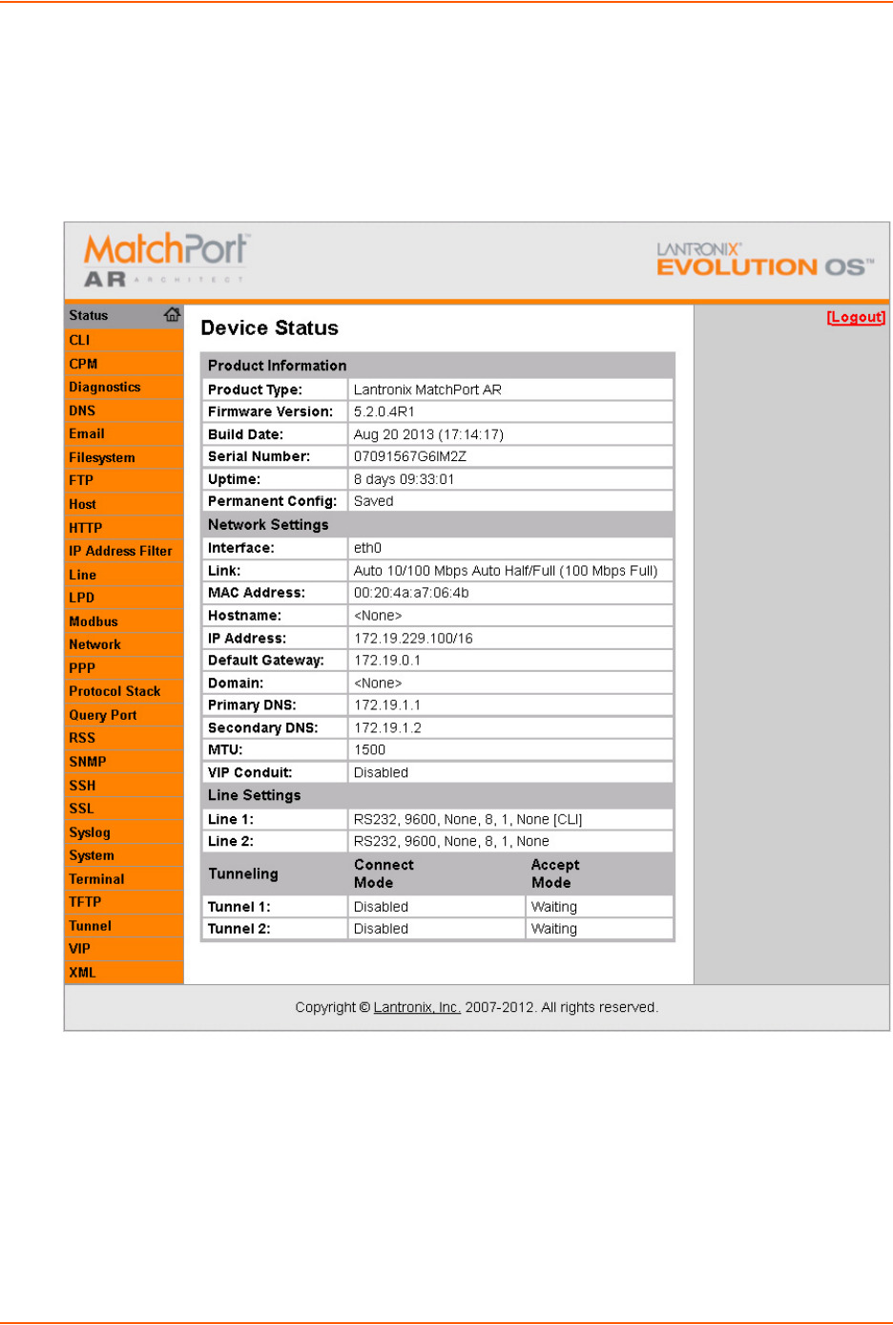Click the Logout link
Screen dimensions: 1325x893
pos(856,318)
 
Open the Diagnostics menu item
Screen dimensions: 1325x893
pos(104,388)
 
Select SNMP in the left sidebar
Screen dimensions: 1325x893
pos(87,762)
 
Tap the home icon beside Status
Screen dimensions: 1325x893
pos(172,314)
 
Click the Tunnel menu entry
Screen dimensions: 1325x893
pos(90,926)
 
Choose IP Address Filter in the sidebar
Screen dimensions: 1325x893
pos(120,551)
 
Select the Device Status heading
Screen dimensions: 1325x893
pos(269,328)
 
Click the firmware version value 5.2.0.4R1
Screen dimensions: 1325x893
pos(384,412)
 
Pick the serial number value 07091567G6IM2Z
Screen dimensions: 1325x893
pos(409,456)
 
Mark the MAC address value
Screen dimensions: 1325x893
pos(410,593)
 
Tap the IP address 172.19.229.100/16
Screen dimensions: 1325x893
pos(412,639)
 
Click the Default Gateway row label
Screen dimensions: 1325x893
pos(265,661)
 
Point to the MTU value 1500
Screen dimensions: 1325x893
pos(369,750)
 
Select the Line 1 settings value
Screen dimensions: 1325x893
pos(467,819)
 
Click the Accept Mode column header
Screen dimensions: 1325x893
pos(554,873)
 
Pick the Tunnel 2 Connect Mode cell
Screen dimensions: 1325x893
pos(381,929)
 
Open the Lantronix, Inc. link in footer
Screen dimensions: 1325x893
pos(417,1007)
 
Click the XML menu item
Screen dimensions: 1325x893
pos(82,973)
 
